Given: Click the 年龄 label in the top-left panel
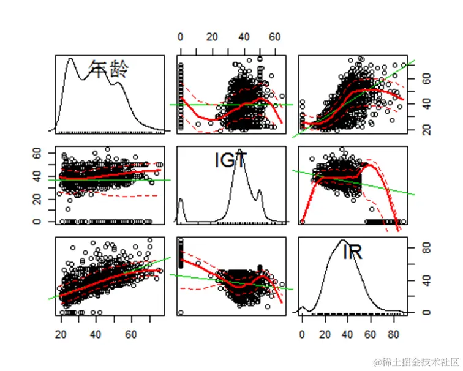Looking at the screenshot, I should [109, 69].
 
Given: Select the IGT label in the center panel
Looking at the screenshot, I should [231, 160].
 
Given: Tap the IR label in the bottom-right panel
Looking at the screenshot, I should [352, 252].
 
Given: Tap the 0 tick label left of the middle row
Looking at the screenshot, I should [44, 222].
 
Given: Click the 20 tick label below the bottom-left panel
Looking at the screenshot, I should [61, 335].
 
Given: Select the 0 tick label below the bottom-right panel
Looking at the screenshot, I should [302, 335].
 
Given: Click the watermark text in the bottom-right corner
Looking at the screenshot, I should [416, 361].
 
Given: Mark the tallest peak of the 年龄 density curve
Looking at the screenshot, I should [70, 59].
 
